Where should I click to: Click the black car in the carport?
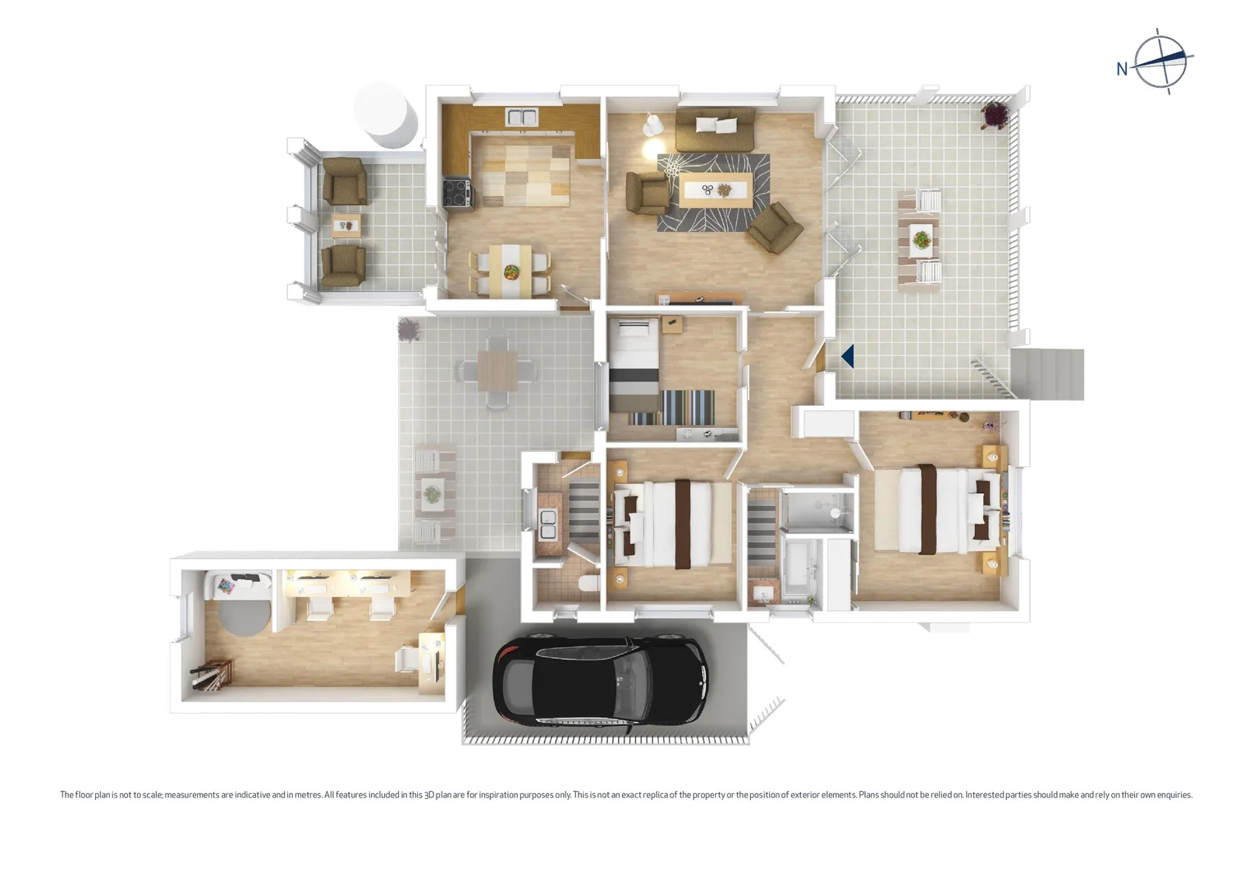[x=599, y=680]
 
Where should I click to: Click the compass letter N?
[x=1122, y=70]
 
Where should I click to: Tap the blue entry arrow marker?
[x=848, y=356]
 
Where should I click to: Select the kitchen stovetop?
[x=456, y=192]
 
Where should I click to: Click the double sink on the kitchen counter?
[x=521, y=117]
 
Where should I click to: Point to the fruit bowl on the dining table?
[x=511, y=271]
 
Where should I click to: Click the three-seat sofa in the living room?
[x=715, y=127]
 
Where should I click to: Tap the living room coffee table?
[x=715, y=190]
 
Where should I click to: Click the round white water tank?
[x=386, y=113]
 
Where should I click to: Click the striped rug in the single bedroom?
[x=688, y=406]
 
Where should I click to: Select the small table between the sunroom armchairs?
[x=346, y=224]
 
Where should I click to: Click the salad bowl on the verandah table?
[x=921, y=240]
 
